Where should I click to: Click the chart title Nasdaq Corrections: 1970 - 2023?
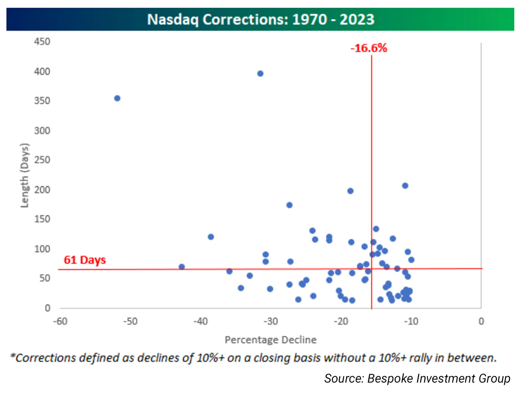point(260,19)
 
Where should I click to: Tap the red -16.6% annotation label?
point(369,48)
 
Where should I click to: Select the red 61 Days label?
point(85,260)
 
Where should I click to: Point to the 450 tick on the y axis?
point(42,42)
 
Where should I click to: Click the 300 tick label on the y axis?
point(42,130)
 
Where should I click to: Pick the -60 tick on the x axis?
point(60,321)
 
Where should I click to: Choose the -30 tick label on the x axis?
point(271,321)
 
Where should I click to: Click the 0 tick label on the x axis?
point(481,321)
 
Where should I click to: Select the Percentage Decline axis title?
point(271,340)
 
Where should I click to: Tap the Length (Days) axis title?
point(25,175)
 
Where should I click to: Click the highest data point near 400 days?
point(260,74)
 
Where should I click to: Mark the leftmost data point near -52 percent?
point(117,98)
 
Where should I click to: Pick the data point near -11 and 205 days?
point(405,186)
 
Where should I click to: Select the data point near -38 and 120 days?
point(211,237)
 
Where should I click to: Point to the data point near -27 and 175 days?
point(289,205)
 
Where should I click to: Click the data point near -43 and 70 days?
point(182,267)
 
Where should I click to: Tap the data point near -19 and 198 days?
point(350,191)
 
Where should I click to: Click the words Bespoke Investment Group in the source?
point(439,378)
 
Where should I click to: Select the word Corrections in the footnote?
point(46,358)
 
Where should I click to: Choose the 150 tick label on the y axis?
point(42,219)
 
